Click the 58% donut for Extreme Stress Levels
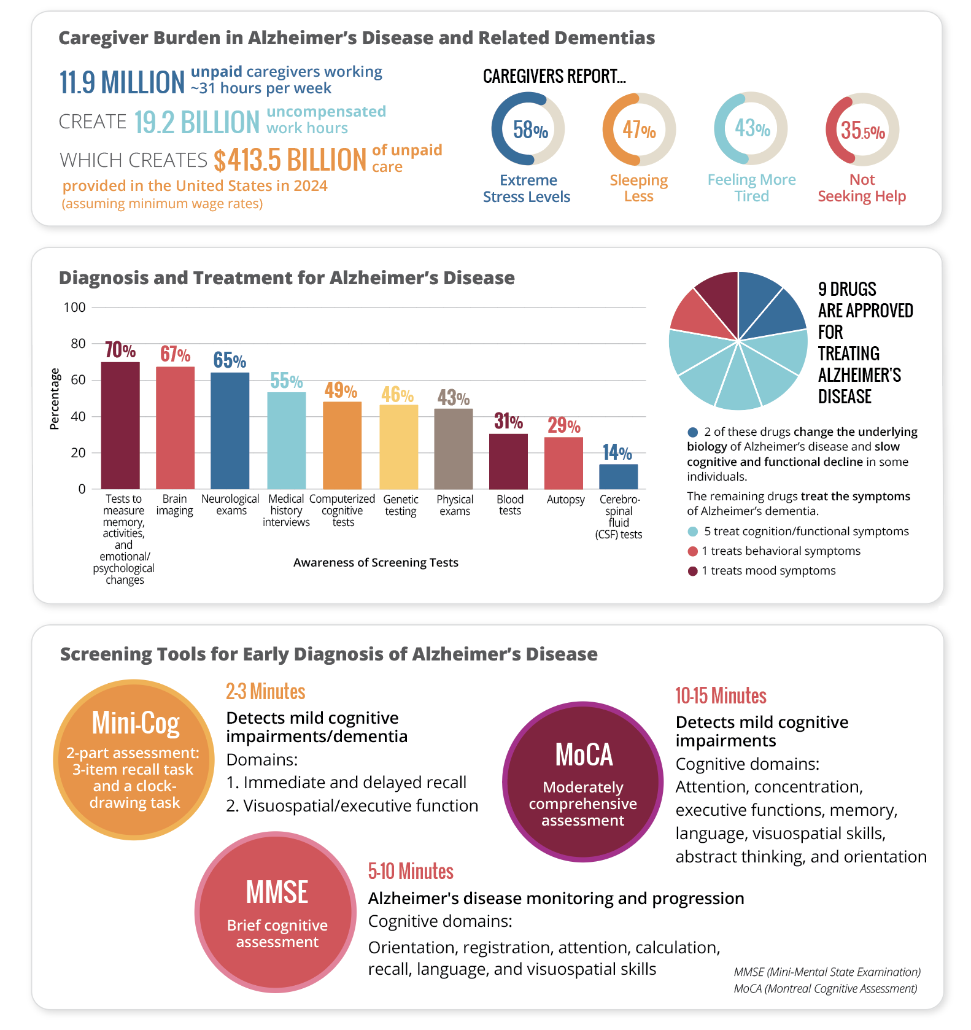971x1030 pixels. pyautogui.click(x=528, y=129)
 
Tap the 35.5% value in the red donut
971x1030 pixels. pyautogui.click(x=862, y=130)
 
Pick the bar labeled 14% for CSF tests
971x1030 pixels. pyautogui.click(x=618, y=476)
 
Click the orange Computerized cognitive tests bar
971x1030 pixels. pyautogui.click(x=342, y=445)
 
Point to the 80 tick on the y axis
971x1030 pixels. pyautogui.click(x=78, y=344)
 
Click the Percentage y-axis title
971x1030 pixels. pyautogui.click(x=55, y=399)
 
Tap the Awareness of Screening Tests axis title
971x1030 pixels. pyautogui.click(x=376, y=562)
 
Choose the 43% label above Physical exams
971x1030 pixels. pyautogui.click(x=453, y=398)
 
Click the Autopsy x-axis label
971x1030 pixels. pyautogui.click(x=565, y=500)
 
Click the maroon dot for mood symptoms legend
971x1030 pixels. pyautogui.click(x=693, y=571)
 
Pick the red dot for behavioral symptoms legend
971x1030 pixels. pyautogui.click(x=693, y=551)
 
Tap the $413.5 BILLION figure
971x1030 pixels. pyautogui.click(x=290, y=160)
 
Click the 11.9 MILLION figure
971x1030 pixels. pyautogui.click(x=122, y=82)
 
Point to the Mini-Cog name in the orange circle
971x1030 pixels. pyautogui.click(x=135, y=722)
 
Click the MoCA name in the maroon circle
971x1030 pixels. pyautogui.click(x=584, y=754)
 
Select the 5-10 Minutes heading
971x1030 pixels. pyautogui.click(x=411, y=871)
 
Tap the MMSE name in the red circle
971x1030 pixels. pyautogui.click(x=277, y=892)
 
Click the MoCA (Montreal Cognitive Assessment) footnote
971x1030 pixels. pyautogui.click(x=826, y=988)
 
